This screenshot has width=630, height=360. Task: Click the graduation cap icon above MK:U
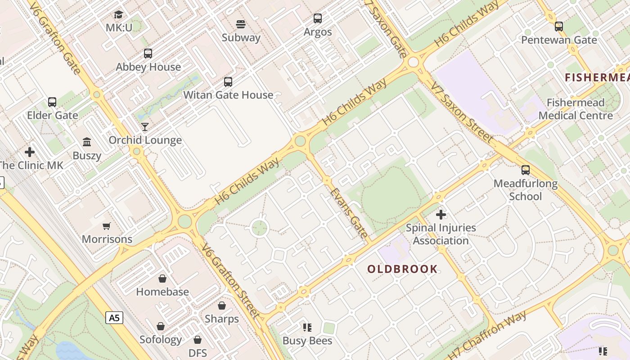click(118, 15)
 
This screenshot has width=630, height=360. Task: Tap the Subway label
click(241, 37)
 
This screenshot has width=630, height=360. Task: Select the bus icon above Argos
click(318, 18)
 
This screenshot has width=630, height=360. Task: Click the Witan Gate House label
click(228, 95)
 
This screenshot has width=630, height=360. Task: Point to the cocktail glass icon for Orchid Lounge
click(145, 127)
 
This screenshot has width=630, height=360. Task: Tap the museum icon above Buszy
click(87, 142)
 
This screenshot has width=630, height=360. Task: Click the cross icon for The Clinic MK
click(30, 152)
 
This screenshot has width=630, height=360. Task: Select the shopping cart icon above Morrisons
click(107, 226)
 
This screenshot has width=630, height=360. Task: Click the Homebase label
click(162, 292)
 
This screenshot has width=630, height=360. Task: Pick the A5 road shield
click(114, 318)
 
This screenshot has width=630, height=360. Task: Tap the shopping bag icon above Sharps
click(222, 306)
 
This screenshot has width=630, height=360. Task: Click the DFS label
click(198, 353)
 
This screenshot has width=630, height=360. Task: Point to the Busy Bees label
click(307, 341)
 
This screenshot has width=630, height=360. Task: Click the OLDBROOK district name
click(402, 269)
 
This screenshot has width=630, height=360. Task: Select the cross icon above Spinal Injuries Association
click(441, 215)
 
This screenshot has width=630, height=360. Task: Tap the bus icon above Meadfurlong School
click(526, 170)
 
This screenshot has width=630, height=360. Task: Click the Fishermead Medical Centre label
click(576, 109)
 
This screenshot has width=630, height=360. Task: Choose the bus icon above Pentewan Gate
click(559, 27)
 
